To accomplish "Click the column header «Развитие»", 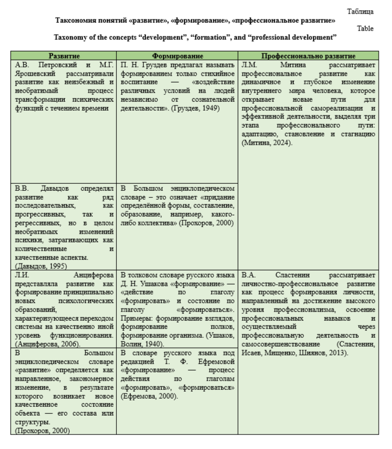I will (64, 56).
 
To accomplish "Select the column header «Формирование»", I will (177, 56).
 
